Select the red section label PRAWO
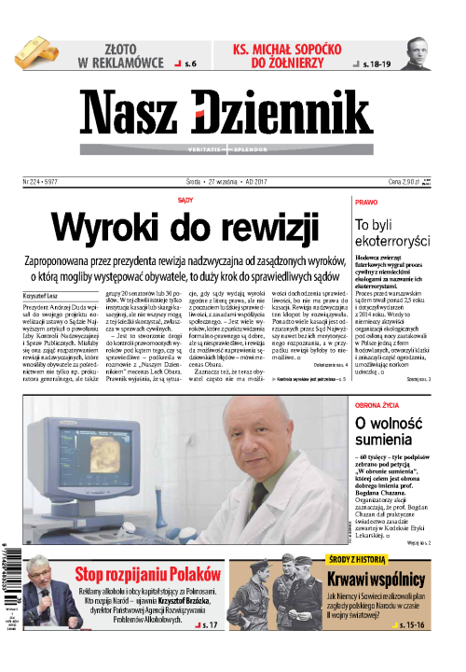point(366,202)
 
